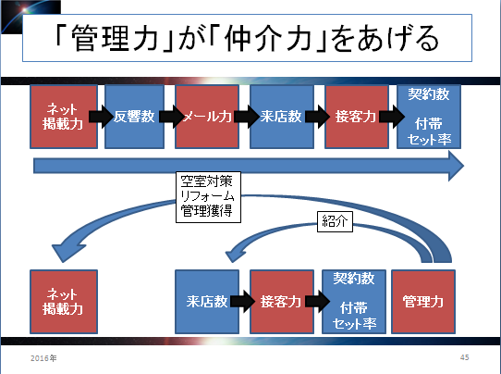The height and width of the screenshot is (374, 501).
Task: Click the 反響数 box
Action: pos(135,117)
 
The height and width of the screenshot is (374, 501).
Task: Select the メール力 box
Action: pos(207,117)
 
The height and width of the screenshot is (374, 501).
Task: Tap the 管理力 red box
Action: pos(423,302)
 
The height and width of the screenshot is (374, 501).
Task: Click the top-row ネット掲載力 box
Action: pos(64,117)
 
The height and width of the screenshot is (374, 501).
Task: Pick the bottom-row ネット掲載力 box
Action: pos(64,302)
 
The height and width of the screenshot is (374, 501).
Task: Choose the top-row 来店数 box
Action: pos(282,117)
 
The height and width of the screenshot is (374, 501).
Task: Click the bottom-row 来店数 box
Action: pos(207,302)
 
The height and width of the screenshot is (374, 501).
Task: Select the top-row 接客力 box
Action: pos(357,117)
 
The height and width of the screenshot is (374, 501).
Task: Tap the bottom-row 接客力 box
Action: pos(282,302)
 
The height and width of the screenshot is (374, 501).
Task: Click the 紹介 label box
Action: pos(335,221)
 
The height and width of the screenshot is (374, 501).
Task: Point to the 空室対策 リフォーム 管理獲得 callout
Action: pos(208,197)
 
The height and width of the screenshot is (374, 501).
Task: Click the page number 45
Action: pos(465,357)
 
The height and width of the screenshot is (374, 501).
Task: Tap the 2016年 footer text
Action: pos(43,358)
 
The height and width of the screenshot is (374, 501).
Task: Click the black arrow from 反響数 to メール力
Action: pos(172,117)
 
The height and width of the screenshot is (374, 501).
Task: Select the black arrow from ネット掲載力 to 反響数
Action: pos(102,117)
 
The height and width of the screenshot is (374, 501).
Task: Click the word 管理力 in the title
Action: pos(115,38)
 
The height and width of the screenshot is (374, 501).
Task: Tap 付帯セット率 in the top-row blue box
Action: pos(429,131)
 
